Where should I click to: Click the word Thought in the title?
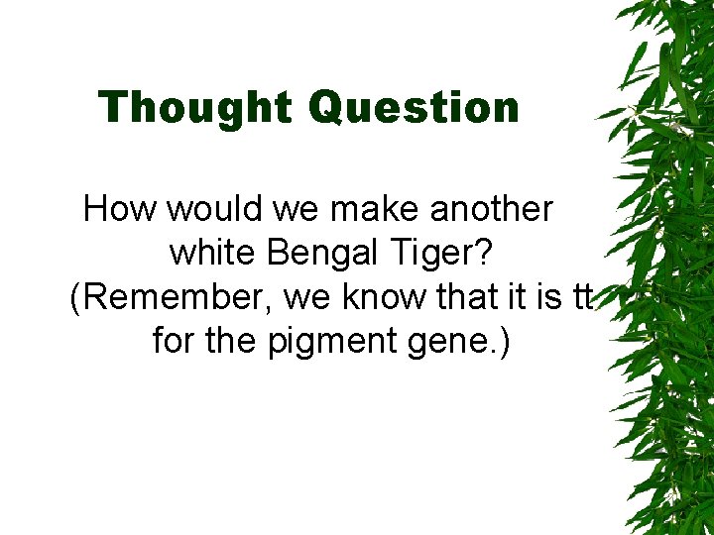(x=196, y=107)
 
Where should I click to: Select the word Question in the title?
(x=414, y=108)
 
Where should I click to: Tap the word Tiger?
(x=438, y=255)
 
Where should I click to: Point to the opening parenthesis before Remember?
(x=75, y=297)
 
